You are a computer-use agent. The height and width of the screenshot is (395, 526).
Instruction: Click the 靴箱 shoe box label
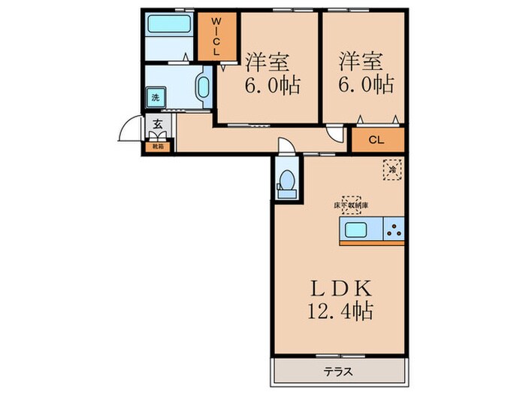159,147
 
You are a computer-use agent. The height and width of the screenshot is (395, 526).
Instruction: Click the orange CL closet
377,140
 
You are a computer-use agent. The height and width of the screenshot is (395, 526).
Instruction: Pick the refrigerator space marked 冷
391,170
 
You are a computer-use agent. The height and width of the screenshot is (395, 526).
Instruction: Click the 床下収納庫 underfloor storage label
351,205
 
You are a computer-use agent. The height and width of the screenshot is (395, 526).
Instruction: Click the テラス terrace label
338,371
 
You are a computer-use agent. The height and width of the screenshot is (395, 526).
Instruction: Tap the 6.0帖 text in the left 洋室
268,84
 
